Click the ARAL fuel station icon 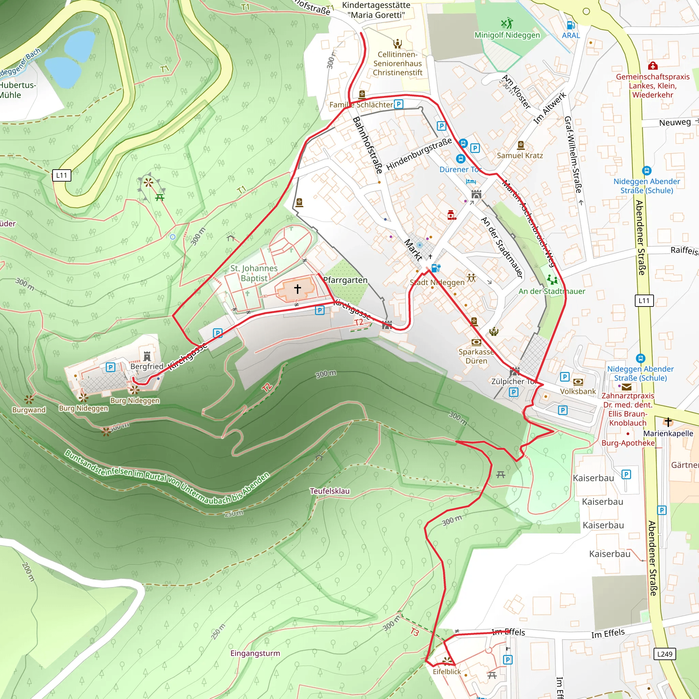(x=571, y=25)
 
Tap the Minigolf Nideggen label (x=507, y=35)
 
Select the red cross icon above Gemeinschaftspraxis (x=653, y=66)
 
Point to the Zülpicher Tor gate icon (x=514, y=371)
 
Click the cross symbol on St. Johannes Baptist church (x=297, y=288)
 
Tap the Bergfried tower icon (x=147, y=356)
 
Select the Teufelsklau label (x=330, y=491)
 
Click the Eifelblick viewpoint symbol (x=447, y=661)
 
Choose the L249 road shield (x=665, y=654)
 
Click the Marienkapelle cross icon (x=668, y=422)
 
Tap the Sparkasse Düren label (x=476, y=356)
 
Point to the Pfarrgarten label (x=345, y=280)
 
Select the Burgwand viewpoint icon (x=29, y=400)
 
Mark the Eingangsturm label (x=255, y=653)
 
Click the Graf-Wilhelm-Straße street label (x=573, y=155)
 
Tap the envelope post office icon (x=627, y=386)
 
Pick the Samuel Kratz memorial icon (x=520, y=145)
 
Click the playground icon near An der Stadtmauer (x=552, y=280)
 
